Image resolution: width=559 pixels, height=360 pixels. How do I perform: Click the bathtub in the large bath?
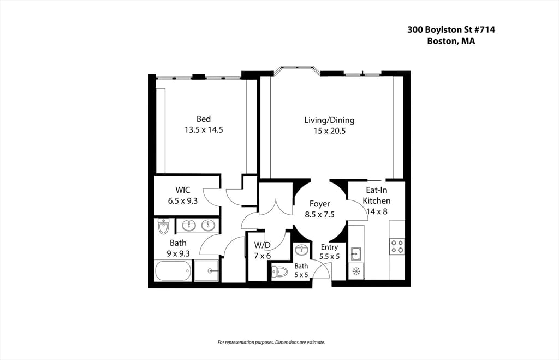coord(173,270)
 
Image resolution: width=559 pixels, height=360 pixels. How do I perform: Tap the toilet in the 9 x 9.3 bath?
coord(164,226)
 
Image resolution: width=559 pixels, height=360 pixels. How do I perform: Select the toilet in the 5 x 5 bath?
coord(280,271)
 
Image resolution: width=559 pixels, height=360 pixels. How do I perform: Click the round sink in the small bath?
coord(301,251)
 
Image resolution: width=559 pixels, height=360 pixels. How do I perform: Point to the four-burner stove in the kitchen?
coord(397,246)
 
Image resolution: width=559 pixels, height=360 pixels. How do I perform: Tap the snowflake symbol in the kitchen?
coord(356,270)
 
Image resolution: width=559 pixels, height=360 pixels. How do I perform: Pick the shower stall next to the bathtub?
coord(206,270)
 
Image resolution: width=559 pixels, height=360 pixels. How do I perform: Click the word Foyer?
coord(319,204)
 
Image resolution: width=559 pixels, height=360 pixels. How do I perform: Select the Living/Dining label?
coord(329,120)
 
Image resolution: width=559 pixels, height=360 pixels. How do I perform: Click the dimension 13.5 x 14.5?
coord(204,130)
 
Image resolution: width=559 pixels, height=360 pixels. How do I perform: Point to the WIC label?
coord(183,190)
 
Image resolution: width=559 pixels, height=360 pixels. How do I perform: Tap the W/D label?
coord(262,245)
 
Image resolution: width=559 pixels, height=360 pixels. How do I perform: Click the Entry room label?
coord(329,247)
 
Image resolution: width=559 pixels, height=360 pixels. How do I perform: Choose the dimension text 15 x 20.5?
coord(329,131)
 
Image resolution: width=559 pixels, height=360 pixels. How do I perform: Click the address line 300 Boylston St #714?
coord(451,30)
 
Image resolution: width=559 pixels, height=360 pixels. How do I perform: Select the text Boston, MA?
coord(451,41)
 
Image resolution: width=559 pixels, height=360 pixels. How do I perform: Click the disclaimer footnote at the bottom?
coord(271,343)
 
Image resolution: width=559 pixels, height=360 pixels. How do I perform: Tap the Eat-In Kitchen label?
coord(377,196)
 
